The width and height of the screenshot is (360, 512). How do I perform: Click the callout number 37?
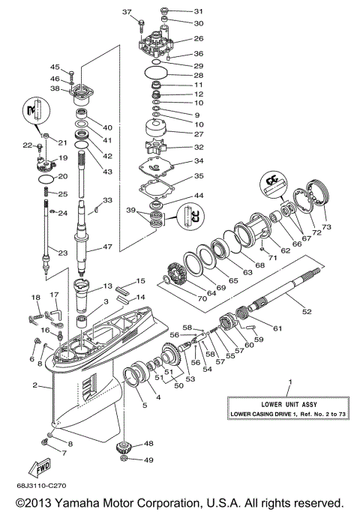(x=126, y=13)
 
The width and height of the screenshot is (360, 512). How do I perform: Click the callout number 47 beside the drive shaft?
(x=107, y=247)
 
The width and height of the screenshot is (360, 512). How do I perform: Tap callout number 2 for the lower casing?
(x=35, y=385)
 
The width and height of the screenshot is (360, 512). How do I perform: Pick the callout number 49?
(x=148, y=460)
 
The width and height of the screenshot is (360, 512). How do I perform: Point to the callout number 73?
(x=325, y=226)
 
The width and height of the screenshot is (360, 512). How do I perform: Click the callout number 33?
(x=108, y=200)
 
